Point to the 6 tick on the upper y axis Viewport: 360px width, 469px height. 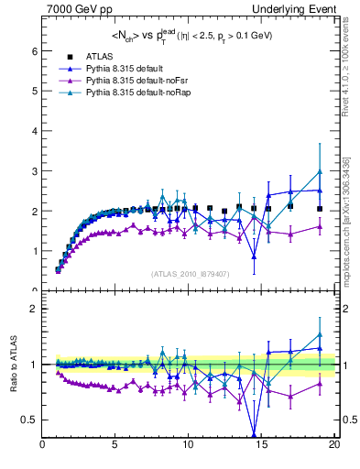(36, 51)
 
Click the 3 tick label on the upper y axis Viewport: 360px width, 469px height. (36, 171)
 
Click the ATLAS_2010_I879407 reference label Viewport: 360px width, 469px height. (190, 272)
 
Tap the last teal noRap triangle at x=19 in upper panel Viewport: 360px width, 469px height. (320, 171)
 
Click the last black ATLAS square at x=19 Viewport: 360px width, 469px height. (320, 209)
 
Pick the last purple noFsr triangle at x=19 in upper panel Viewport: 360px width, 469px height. (320, 226)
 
